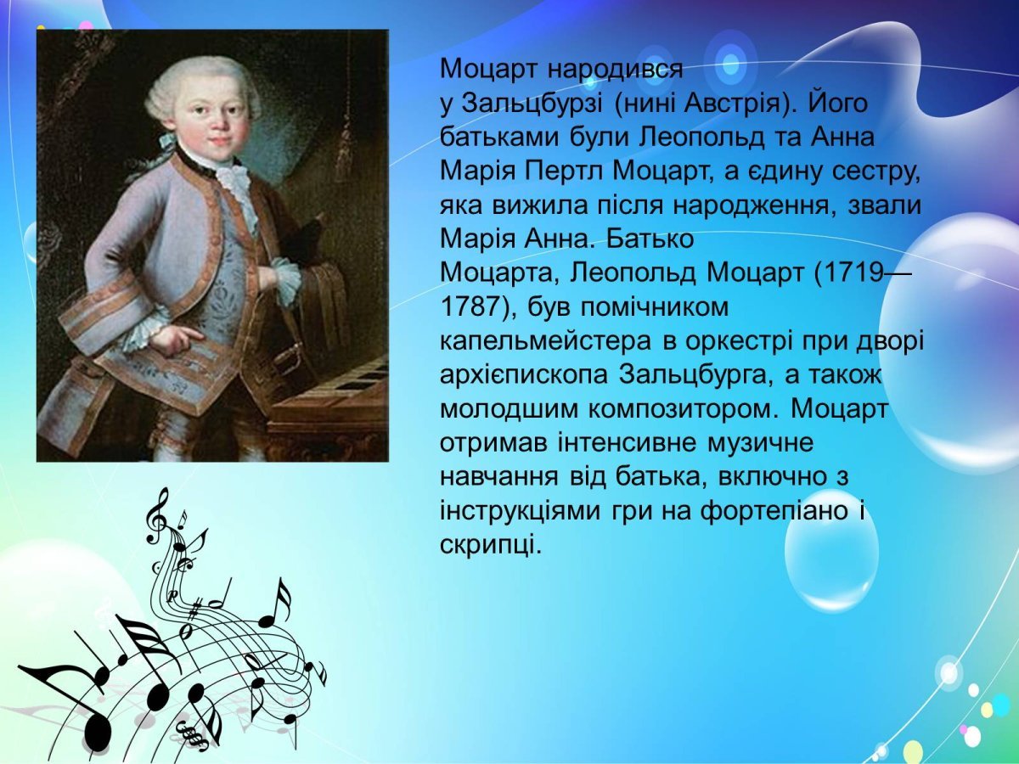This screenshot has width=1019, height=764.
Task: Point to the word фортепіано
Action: click(776, 512)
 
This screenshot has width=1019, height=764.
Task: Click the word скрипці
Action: click(490, 544)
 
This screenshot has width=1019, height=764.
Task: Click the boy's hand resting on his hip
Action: click(174, 340)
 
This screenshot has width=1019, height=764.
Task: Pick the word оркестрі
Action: click(733, 340)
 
